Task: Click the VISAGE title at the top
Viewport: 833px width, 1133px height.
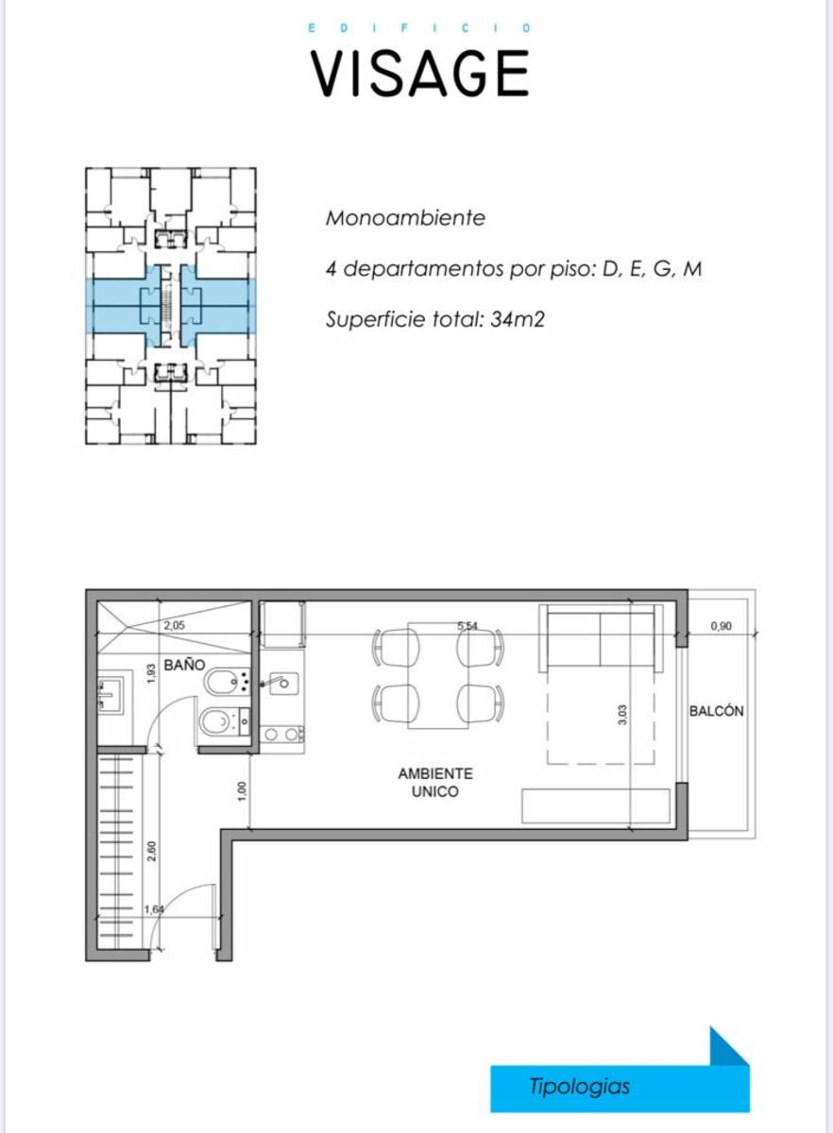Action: [x=419, y=74]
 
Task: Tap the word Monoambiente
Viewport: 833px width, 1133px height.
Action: [x=405, y=218]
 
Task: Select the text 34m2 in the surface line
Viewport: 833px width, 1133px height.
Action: [x=518, y=319]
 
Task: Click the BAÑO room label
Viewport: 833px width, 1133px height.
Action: [x=184, y=665]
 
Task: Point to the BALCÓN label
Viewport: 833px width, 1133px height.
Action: [x=716, y=711]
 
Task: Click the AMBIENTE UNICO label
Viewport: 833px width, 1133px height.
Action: [x=435, y=783]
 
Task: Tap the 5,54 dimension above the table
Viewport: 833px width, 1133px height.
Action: [x=467, y=626]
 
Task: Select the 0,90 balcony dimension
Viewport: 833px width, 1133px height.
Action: [x=721, y=626]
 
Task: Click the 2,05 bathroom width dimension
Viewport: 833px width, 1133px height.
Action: [x=174, y=626]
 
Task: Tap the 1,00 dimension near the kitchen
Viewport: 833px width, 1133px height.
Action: [x=242, y=791]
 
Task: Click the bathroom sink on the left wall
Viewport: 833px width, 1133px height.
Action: [x=110, y=695]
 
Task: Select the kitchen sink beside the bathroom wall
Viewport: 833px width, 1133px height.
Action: [x=284, y=684]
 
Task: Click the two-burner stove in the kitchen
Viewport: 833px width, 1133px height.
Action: [x=282, y=734]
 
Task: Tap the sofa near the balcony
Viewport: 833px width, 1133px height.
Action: [x=601, y=638]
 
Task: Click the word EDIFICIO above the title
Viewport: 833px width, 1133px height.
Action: [x=419, y=28]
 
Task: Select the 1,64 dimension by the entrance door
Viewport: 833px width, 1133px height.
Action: [x=154, y=909]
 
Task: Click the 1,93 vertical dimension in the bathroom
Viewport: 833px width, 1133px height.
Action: [x=149, y=673]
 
